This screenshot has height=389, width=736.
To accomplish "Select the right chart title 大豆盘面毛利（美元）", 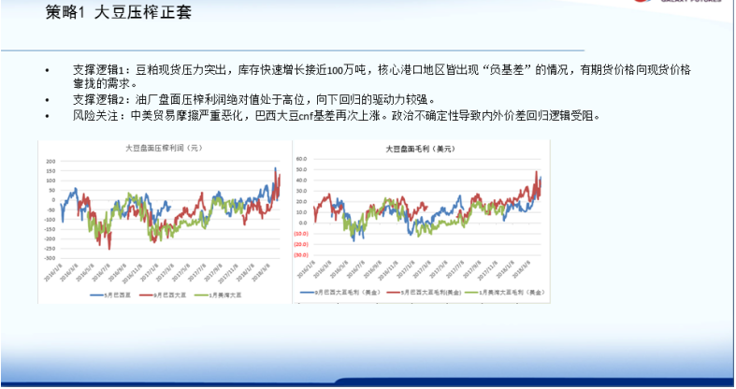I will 418,149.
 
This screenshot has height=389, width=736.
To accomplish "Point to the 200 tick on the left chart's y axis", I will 51,162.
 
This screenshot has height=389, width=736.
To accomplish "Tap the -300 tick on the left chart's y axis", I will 50,256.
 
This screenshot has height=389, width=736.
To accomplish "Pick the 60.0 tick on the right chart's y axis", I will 301,159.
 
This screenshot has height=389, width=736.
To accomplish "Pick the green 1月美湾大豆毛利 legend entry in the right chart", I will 506,292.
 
